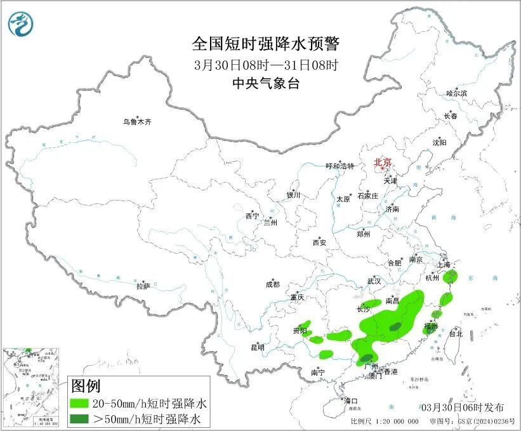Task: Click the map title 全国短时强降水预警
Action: [x=266, y=44]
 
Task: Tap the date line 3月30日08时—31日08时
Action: [x=266, y=64]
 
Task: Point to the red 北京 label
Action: [x=383, y=162]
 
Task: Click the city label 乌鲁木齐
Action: [x=138, y=122]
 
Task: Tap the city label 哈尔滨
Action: [x=456, y=93]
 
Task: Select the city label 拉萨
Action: [x=143, y=286]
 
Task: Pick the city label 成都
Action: [x=273, y=285]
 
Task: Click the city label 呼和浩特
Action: [x=341, y=166]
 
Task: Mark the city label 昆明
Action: [x=257, y=347]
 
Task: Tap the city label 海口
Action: [x=351, y=401]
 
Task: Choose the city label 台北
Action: [x=456, y=333]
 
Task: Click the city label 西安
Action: [x=319, y=242]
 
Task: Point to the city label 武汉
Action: [x=374, y=281]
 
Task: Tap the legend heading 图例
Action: [x=86, y=386]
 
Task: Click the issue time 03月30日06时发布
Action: [x=463, y=407]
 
